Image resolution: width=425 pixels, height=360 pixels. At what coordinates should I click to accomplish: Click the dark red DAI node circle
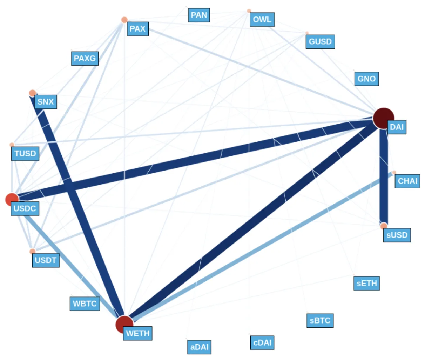click(383, 118)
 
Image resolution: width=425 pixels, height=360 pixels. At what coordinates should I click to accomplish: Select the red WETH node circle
click(124, 324)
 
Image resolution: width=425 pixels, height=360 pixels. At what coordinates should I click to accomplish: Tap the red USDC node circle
click(12, 199)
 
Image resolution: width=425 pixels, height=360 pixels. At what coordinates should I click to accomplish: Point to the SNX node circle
click(33, 93)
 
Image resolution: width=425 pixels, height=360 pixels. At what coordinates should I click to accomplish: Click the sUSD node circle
click(384, 226)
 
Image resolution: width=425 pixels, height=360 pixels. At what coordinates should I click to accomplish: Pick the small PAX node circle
click(124, 20)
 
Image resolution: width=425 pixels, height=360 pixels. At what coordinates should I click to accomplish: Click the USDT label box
click(46, 260)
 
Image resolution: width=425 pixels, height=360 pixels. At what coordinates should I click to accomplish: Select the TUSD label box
click(25, 154)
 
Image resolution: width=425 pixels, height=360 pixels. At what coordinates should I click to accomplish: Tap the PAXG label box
click(85, 58)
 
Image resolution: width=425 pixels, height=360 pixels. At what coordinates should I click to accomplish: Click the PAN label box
click(199, 15)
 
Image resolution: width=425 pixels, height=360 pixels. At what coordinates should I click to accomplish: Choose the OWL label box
click(262, 20)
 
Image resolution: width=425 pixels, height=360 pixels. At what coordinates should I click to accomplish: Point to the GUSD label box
click(320, 42)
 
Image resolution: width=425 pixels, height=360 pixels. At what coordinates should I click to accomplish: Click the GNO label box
click(366, 79)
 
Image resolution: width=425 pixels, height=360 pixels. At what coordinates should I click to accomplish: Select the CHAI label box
click(407, 181)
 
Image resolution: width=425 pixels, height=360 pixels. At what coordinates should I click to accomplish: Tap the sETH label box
click(367, 283)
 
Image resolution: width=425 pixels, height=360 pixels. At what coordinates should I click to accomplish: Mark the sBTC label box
click(320, 320)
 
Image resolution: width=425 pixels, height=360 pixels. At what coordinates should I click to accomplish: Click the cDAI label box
click(262, 342)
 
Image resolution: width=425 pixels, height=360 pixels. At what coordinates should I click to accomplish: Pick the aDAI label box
click(200, 347)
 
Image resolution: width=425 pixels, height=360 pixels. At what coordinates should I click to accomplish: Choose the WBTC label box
click(85, 304)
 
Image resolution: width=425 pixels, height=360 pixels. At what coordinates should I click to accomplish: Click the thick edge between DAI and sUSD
click(384, 175)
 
